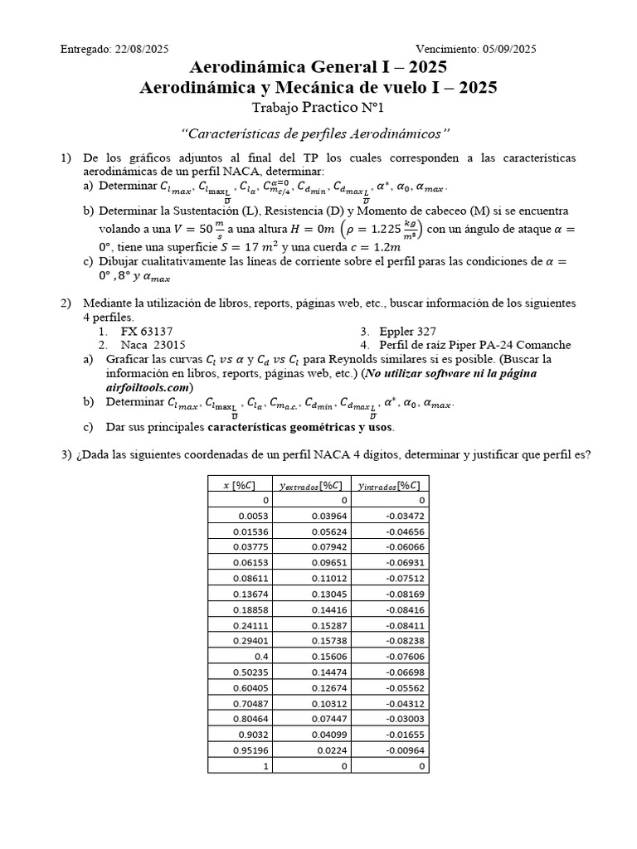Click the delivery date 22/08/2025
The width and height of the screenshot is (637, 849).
tap(141, 49)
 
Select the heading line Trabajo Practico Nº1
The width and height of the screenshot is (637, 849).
tap(318, 108)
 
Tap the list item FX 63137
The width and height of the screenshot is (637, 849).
tap(147, 331)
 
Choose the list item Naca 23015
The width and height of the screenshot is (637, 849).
tap(153, 344)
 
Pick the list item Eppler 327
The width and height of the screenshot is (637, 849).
tap(408, 331)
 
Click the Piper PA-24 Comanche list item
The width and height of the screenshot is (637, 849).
tap(474, 344)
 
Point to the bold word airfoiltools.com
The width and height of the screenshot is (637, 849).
tap(149, 386)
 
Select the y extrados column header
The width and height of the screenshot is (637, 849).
tap(314, 485)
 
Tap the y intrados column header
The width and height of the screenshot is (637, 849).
tap(387, 485)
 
